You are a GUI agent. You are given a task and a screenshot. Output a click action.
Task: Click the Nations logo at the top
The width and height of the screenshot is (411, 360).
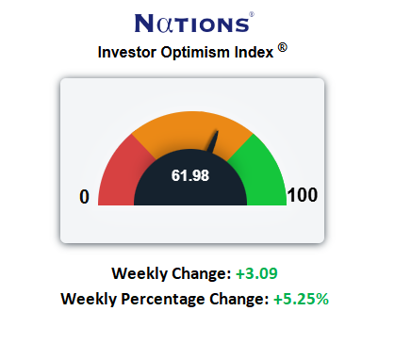click(194, 23)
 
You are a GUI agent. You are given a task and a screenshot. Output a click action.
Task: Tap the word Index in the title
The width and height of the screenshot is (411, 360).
click(254, 52)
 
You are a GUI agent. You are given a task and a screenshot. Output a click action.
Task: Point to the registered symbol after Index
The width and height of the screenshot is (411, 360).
click(283, 48)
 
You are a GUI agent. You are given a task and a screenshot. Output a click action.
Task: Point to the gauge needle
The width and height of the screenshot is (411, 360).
click(214, 142)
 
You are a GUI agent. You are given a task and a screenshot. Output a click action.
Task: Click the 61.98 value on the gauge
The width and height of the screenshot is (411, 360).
click(190, 175)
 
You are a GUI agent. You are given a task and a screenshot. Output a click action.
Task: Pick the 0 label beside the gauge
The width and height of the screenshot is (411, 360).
click(84, 197)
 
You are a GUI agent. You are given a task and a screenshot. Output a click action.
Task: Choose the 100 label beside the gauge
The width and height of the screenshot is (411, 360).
click(303, 195)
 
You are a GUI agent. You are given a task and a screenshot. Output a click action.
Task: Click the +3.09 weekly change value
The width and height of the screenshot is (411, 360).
click(256, 273)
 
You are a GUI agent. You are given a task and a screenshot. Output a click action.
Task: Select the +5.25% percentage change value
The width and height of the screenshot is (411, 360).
click(301, 299)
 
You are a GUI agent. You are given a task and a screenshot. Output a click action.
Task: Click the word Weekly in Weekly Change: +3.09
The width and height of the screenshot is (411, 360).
click(140, 273)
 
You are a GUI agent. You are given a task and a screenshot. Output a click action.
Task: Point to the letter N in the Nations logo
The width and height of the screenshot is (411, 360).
click(145, 23)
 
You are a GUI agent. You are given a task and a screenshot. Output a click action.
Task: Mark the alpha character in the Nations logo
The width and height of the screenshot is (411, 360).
click(165, 25)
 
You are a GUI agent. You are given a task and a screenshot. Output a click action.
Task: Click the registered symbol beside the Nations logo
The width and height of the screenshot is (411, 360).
click(252, 14)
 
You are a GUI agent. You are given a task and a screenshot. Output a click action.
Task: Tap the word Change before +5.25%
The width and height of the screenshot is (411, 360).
click(239, 299)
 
